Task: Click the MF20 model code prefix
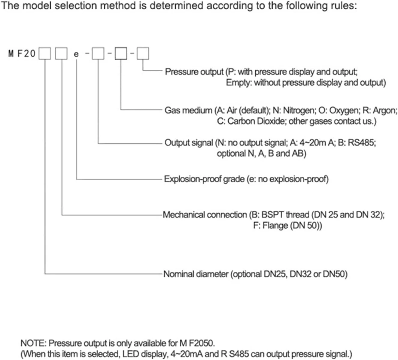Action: coord(22,54)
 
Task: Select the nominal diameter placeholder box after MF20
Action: coord(45,54)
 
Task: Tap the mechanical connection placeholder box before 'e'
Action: coord(61,54)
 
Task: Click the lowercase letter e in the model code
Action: coord(76,54)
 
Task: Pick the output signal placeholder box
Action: coord(98,54)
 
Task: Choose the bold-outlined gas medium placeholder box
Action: coord(121,54)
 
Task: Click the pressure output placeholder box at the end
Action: coord(143,54)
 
